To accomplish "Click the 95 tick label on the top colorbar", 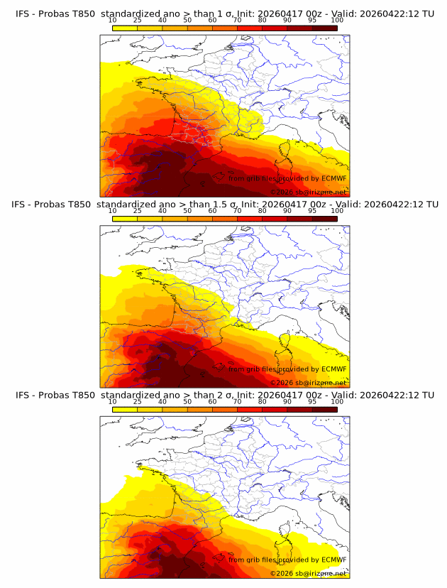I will tap(312, 20).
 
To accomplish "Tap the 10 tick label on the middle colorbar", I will tap(112, 210).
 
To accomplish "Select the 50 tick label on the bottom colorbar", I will tap(187, 401).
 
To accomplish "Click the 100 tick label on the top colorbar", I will tap(337, 20).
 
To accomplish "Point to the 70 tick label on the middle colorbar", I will tap(237, 210).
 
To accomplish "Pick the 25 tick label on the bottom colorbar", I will tap(137, 401).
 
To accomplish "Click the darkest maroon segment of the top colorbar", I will tap(324, 28).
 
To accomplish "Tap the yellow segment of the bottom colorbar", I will tap(124, 409).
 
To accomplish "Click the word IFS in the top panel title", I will tap(23, 13).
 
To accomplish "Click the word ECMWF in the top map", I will tap(333, 179).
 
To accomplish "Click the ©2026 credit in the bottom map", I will tap(282, 573).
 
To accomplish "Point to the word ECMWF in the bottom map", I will tap(333, 560).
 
